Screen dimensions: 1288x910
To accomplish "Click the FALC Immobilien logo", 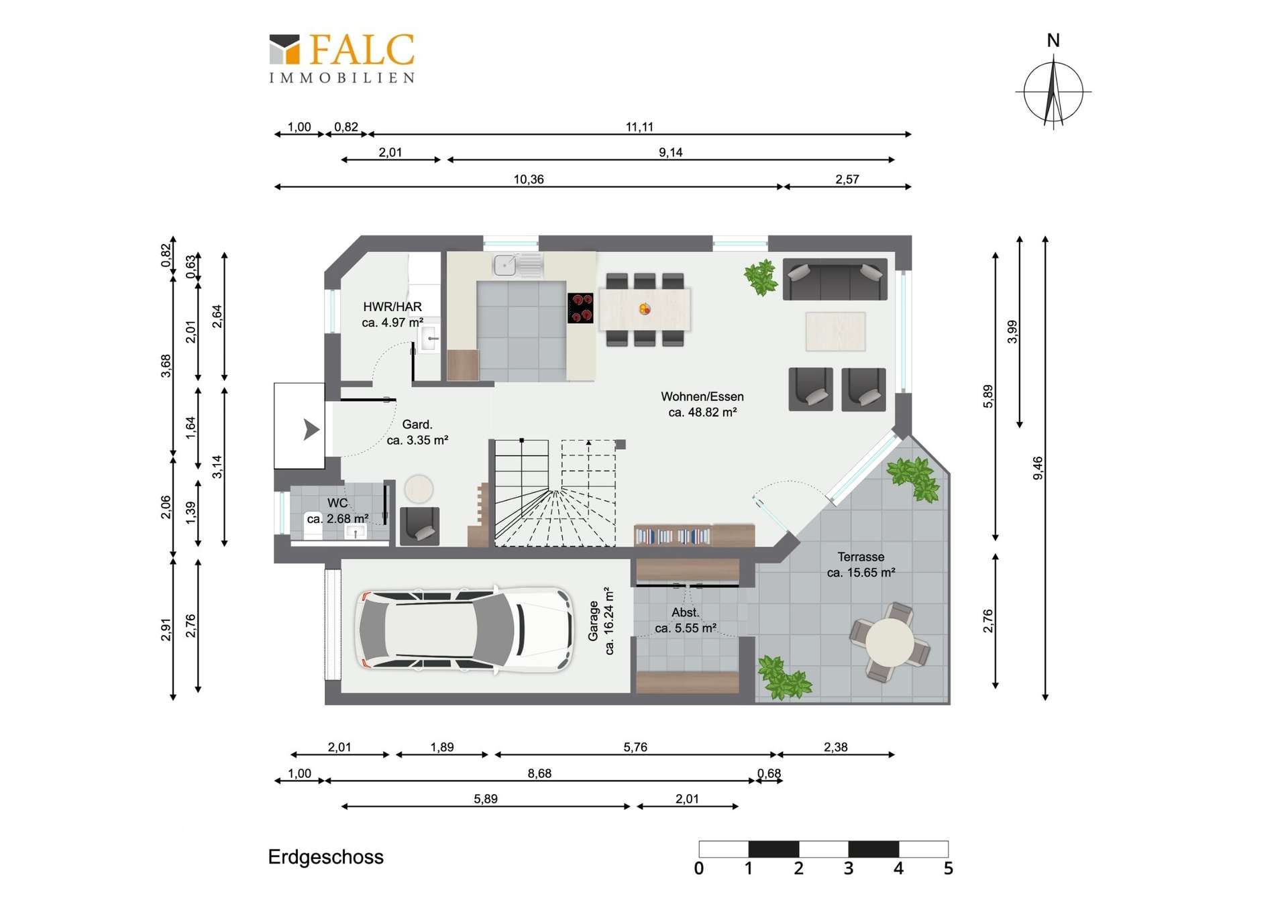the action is [x=341, y=58].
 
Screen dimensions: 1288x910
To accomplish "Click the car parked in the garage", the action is [x=464, y=630].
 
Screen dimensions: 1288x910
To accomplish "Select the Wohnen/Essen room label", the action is [x=702, y=404].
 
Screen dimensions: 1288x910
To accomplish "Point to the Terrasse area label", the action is [x=861, y=565].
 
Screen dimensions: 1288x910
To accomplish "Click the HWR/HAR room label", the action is [x=392, y=315].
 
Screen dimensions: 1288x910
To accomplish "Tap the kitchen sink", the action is [x=518, y=266].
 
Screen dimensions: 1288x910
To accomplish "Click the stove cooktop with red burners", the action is [x=580, y=308].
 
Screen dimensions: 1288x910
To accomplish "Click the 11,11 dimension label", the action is [x=639, y=127].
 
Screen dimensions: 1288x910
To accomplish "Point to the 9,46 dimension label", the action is [x=1038, y=468].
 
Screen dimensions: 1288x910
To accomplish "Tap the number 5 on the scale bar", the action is [x=948, y=868].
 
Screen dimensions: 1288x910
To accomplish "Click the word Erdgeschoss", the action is [x=326, y=857].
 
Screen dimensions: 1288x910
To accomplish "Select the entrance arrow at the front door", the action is [x=311, y=429].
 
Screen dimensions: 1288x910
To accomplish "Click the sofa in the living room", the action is [x=835, y=279].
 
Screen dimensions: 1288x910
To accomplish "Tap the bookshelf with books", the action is [x=672, y=536].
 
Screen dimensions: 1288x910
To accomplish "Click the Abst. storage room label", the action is [x=686, y=620].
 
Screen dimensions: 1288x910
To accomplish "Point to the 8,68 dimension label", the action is [x=539, y=773].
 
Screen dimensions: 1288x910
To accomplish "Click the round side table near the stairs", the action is [x=419, y=489].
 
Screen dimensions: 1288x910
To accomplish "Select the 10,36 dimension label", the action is [x=529, y=179].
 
